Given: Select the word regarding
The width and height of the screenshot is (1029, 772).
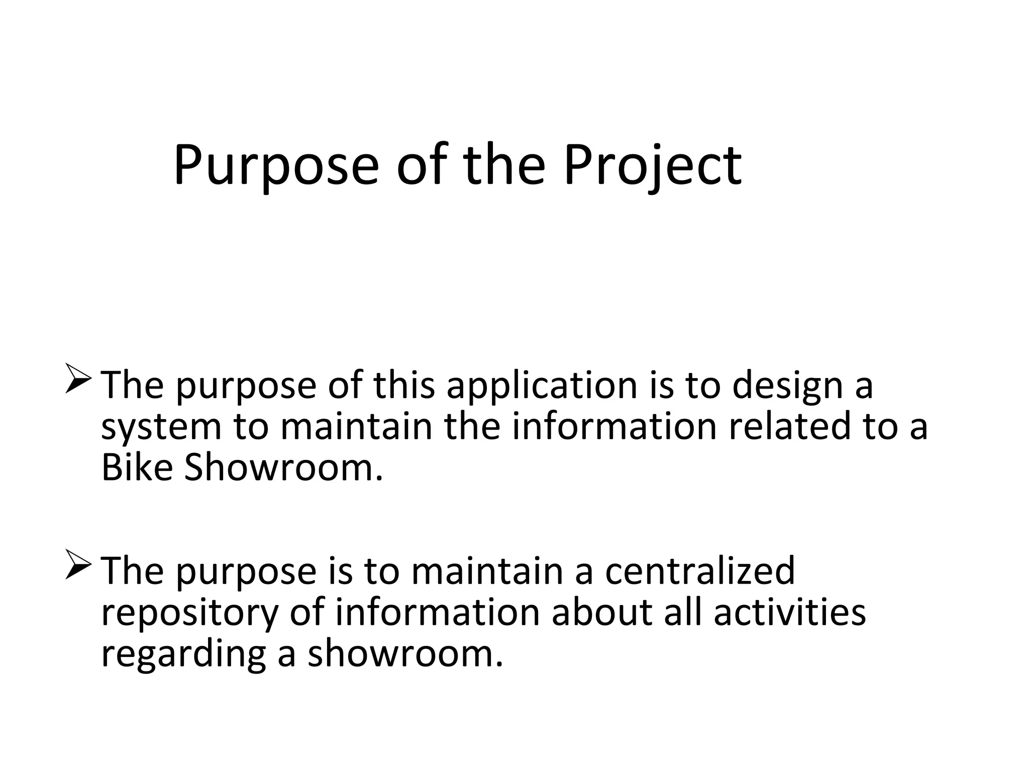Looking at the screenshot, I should (x=183, y=654).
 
